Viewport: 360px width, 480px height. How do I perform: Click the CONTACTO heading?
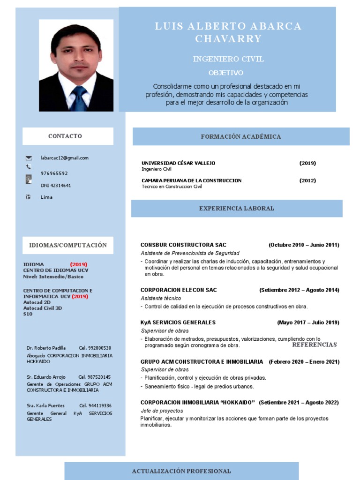pos(65,136)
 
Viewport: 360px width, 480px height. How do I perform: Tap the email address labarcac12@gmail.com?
pos(65,158)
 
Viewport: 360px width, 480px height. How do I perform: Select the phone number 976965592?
pos(54,173)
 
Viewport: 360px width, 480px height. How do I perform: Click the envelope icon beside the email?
pos(29,158)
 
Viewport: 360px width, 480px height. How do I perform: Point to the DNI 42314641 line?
pos(56,186)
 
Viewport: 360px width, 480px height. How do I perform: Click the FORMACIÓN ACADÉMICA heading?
pos(241,136)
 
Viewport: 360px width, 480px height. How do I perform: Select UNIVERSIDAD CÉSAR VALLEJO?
pos(178,163)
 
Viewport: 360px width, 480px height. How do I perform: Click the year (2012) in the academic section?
pos(307,180)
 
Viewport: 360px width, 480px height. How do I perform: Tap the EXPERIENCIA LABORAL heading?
pos(237,208)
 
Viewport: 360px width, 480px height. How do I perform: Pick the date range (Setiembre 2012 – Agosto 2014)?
pos(299,290)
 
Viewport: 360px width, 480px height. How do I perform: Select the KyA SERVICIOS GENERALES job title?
pos(178,322)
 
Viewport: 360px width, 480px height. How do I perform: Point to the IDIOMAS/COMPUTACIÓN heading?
pos(68,245)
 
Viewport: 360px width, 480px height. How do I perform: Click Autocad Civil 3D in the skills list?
pos(43,308)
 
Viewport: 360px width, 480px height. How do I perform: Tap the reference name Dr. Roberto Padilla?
pos(46,348)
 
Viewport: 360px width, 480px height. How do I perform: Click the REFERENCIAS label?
pos(314,345)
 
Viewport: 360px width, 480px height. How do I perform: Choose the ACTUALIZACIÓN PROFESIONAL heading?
pos(181,471)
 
